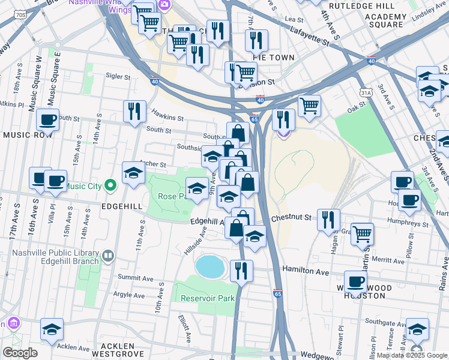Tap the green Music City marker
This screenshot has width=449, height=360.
110,185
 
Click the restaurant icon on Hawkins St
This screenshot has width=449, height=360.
134,111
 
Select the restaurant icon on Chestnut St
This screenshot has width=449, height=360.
328,219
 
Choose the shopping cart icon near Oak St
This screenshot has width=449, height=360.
309,106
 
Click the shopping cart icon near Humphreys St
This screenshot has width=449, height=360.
362,233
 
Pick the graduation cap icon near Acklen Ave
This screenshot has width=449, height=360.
52,329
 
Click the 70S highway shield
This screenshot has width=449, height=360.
20,14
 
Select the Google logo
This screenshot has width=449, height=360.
20,353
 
